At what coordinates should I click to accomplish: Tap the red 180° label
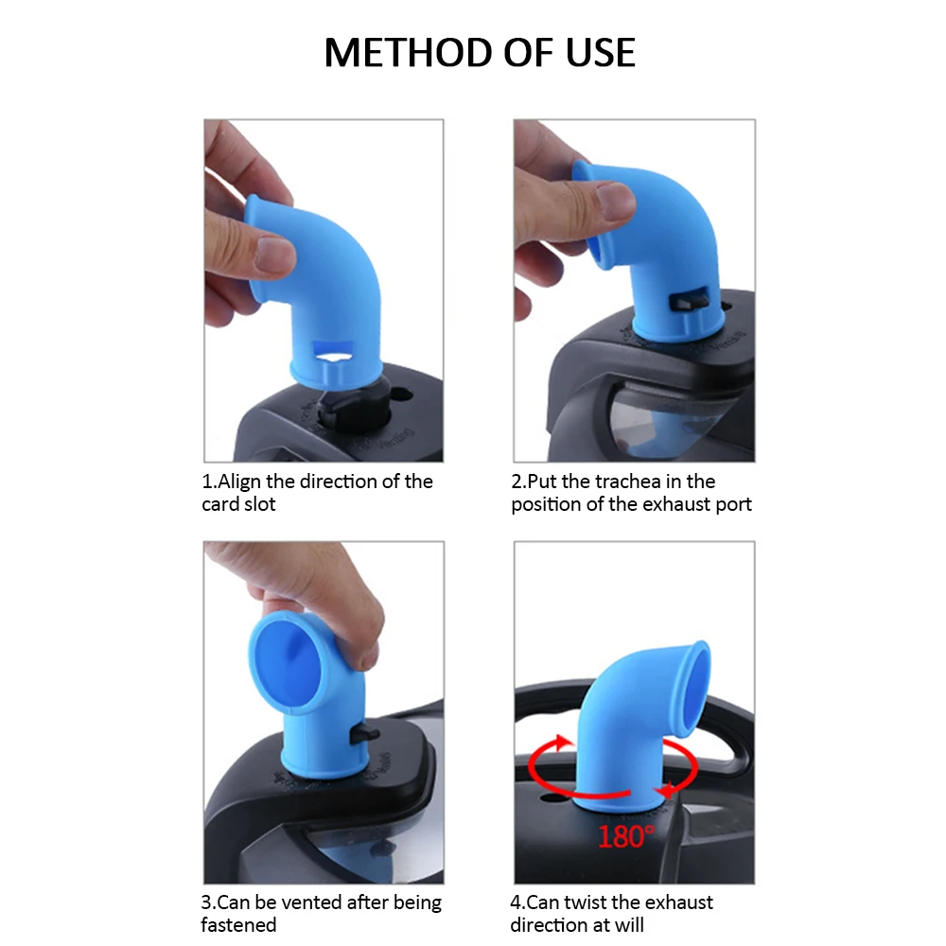[x=625, y=835]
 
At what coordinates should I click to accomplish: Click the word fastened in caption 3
[x=238, y=925]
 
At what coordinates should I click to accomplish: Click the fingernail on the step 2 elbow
[x=615, y=200]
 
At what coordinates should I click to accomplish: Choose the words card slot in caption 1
[x=238, y=504]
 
